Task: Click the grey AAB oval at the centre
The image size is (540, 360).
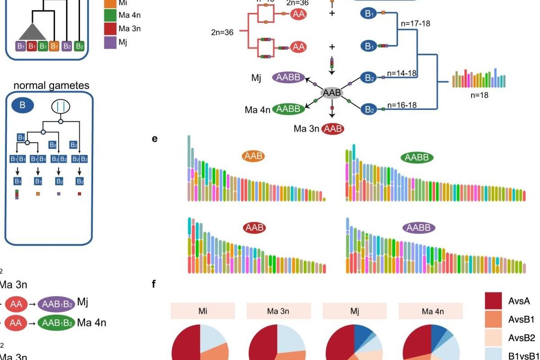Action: pyautogui.click(x=332, y=93)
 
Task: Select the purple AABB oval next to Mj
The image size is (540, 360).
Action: pyautogui.click(x=289, y=78)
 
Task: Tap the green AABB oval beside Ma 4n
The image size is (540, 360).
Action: pyautogui.click(x=289, y=109)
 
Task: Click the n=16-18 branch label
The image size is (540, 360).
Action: pyautogui.click(x=402, y=105)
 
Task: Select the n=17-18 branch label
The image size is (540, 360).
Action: pyautogui.click(x=414, y=23)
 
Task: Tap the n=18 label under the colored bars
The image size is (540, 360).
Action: pyautogui.click(x=479, y=95)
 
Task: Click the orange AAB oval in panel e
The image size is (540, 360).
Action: pyautogui.click(x=253, y=156)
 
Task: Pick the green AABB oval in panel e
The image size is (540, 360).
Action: pyautogui.click(x=417, y=157)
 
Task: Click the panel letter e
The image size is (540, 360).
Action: pyautogui.click(x=155, y=139)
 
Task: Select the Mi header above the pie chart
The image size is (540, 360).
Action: pyautogui.click(x=202, y=310)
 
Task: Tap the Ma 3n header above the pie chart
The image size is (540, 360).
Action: pyautogui.click(x=279, y=310)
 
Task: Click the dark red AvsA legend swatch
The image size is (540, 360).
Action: pyautogui.click(x=493, y=301)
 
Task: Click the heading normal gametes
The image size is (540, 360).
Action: pyautogui.click(x=51, y=85)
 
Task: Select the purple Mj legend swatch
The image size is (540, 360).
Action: pyautogui.click(x=110, y=43)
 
